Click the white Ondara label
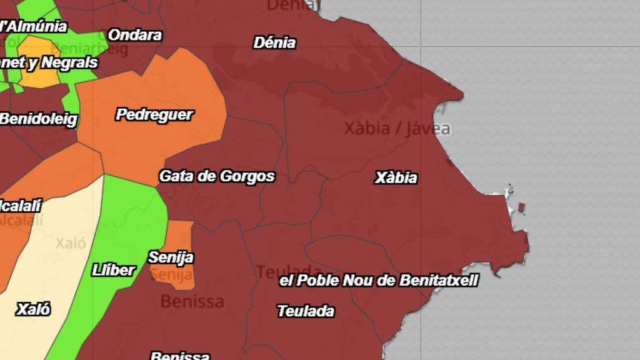click(135, 35)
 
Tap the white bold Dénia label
click(274, 43)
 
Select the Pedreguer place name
click(154, 115)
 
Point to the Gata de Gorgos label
click(217, 176)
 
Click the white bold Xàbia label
click(396, 177)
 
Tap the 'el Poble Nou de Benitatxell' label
click(379, 281)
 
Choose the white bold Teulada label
click(306, 311)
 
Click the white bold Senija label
click(171, 257)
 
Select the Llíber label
click(113, 270)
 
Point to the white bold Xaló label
click(33, 309)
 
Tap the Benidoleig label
click(39, 119)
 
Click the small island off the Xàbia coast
click(521, 207)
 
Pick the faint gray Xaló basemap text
click(71, 242)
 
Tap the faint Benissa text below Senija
click(192, 301)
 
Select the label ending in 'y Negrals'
click(49, 62)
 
